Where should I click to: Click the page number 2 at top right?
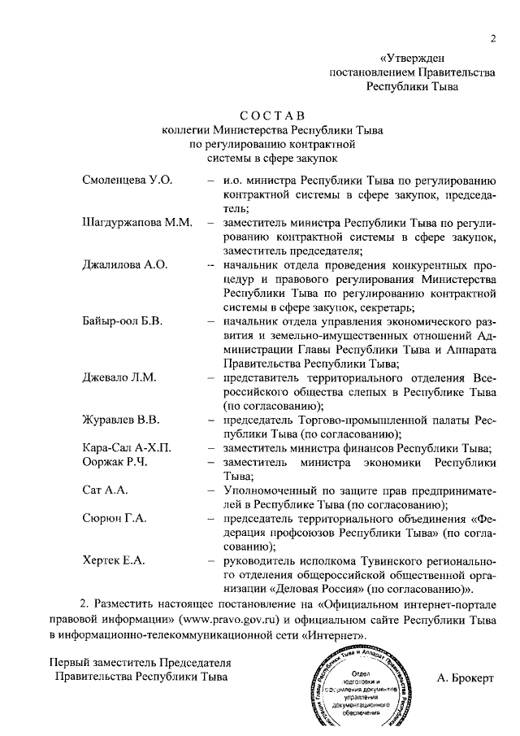(492, 39)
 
